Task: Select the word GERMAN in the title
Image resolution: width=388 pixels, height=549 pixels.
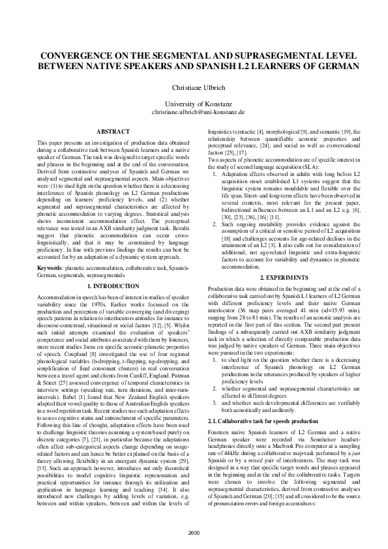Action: tap(337, 66)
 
